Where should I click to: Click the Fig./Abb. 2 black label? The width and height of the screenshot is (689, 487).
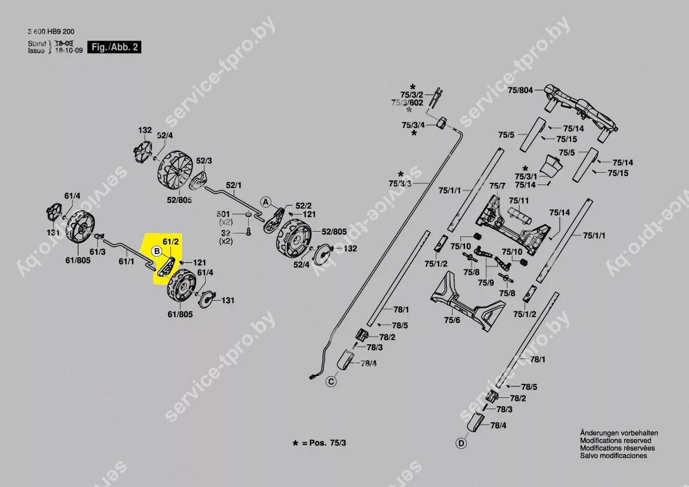(x=114, y=47)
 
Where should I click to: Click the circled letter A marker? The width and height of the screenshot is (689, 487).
(x=266, y=202)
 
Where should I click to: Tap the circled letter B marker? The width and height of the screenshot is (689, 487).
(x=157, y=252)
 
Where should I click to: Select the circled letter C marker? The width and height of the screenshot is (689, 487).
(x=331, y=382)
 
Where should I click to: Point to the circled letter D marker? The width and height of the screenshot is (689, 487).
(x=461, y=442)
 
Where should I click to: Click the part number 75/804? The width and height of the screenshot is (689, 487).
(x=520, y=90)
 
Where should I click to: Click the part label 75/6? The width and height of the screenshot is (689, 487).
(x=452, y=320)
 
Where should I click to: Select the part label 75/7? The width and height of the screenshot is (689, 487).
(x=498, y=186)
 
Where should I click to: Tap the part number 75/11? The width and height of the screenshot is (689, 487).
(x=519, y=200)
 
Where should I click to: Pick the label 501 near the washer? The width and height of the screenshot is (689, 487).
(x=224, y=213)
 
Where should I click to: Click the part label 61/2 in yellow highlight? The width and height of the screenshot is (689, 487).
(x=170, y=242)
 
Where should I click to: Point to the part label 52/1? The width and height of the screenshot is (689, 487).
(x=234, y=185)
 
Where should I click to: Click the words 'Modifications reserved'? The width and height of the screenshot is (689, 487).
(x=615, y=440)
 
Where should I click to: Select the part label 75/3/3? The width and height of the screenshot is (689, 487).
(x=400, y=184)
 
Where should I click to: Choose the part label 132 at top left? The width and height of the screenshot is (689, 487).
(x=145, y=130)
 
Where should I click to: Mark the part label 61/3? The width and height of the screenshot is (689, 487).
(x=98, y=252)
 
